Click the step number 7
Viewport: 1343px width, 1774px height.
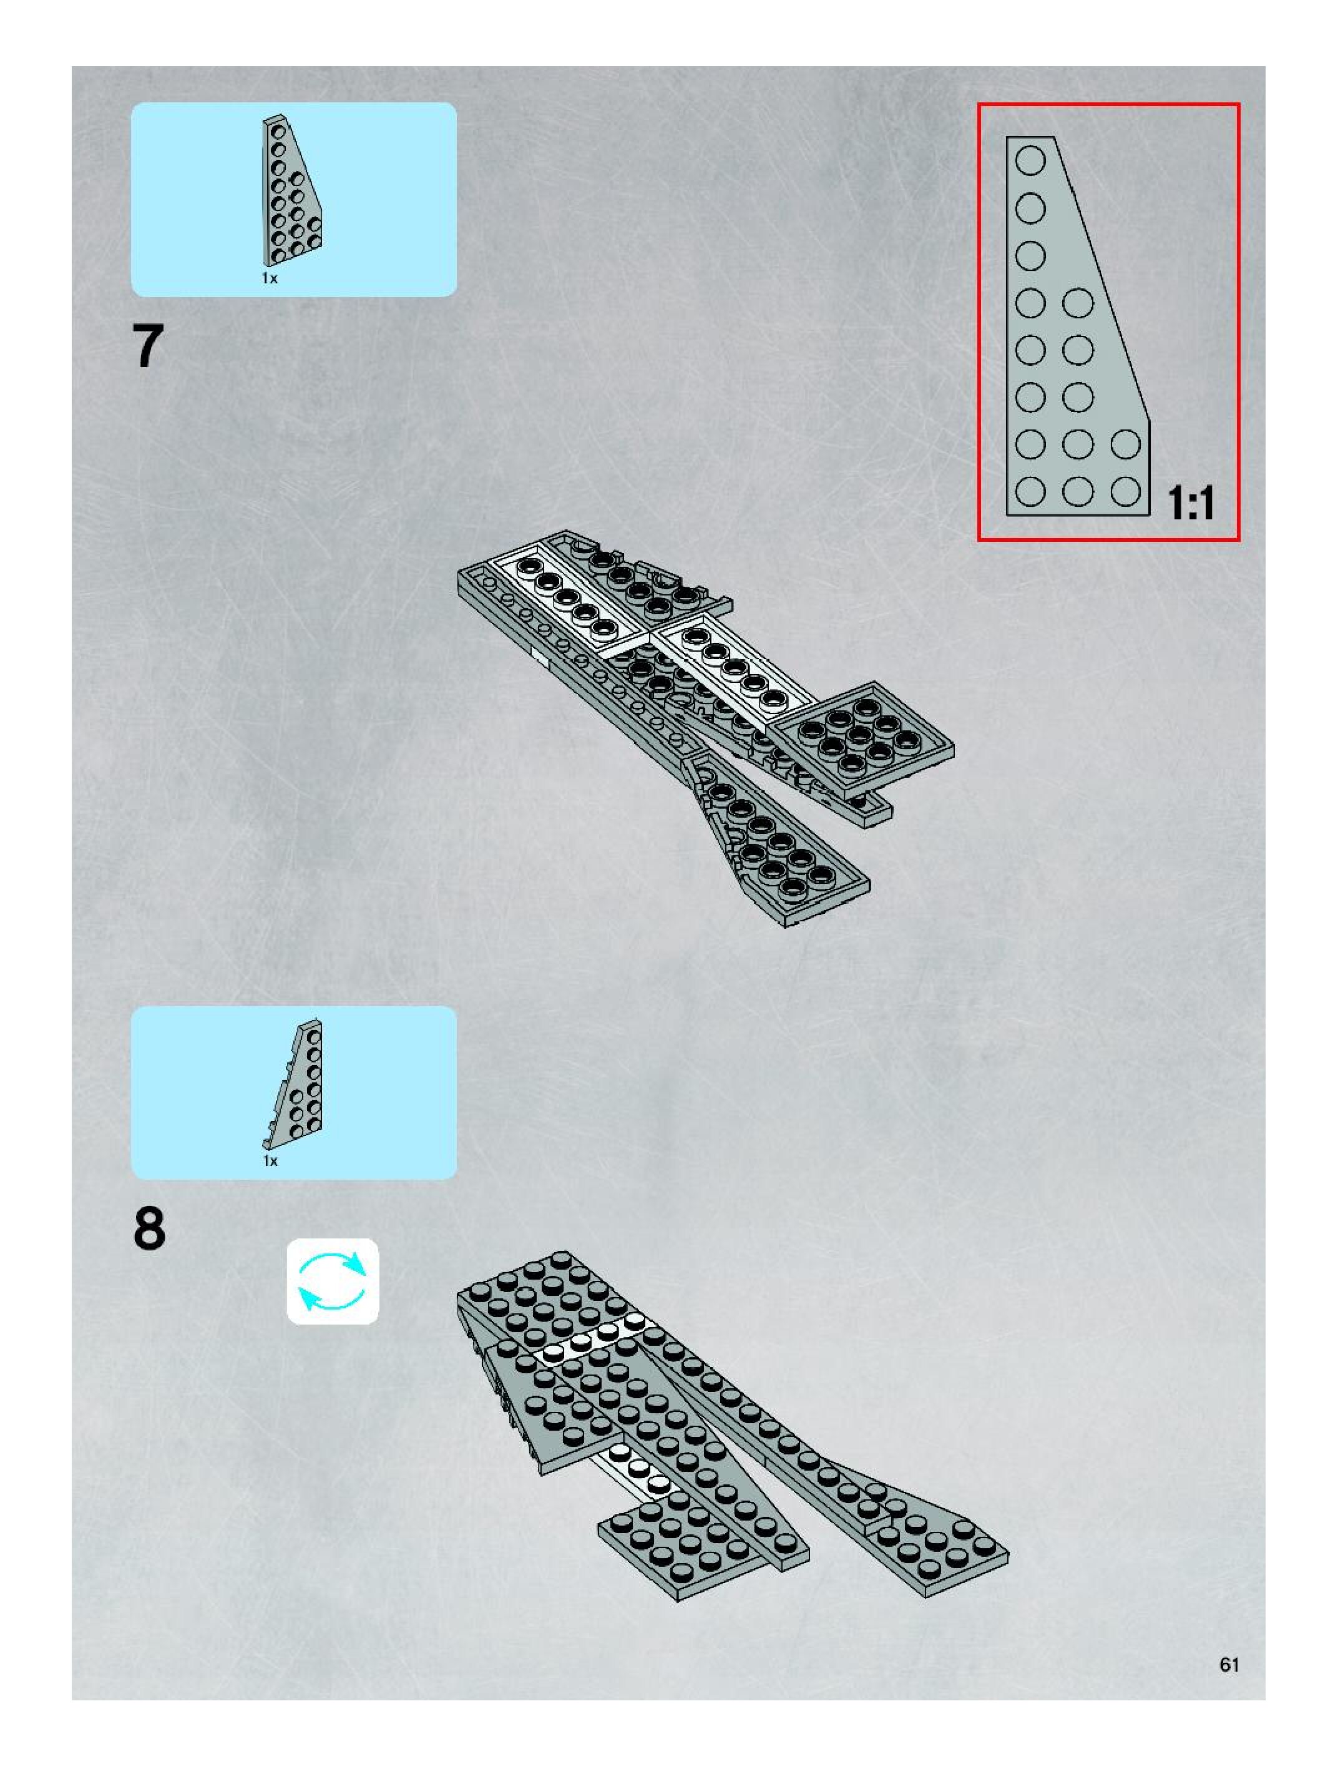[149, 346]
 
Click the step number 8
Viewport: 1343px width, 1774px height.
[149, 1228]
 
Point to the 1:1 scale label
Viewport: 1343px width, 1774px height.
[1191, 503]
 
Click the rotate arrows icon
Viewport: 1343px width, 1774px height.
[333, 1281]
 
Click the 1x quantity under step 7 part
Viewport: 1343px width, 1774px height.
[270, 278]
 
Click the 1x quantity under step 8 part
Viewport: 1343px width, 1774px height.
[270, 1160]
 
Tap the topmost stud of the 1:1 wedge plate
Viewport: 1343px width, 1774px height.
[1030, 160]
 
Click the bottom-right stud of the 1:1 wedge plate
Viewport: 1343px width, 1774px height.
[1126, 491]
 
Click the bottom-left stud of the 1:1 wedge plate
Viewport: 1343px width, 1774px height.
[1030, 491]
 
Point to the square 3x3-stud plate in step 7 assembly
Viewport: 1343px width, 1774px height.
[862, 730]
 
